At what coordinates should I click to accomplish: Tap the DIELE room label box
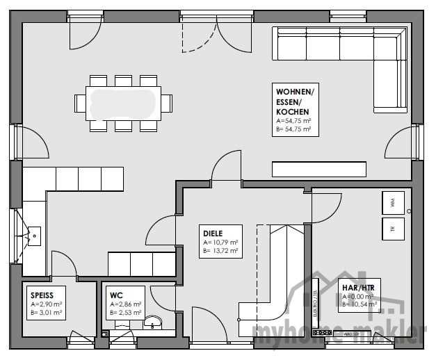(x=220, y=241)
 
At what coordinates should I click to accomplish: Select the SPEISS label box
(x=47, y=300)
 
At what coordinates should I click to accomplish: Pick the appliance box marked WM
(x=392, y=203)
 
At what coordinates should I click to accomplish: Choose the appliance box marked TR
(x=392, y=228)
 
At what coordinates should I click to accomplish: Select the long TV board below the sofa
(x=318, y=169)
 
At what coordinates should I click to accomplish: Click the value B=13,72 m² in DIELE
(x=221, y=251)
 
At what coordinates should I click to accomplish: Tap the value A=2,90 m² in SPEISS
(x=46, y=304)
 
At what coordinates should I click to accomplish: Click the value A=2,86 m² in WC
(x=126, y=304)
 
